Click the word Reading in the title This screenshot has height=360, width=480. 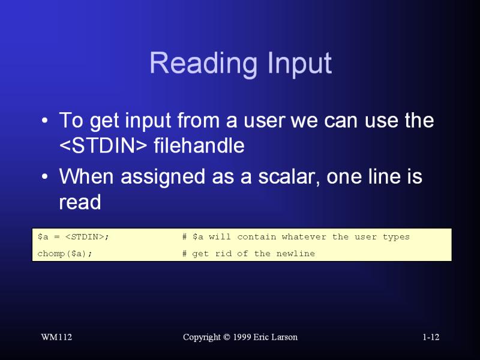coord(203,64)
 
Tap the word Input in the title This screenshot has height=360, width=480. coord(299,64)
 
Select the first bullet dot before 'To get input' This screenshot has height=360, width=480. coord(44,121)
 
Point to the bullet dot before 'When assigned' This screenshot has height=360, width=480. coord(44,177)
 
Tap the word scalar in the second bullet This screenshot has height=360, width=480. coord(289,177)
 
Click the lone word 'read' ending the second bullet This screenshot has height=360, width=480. coord(80,202)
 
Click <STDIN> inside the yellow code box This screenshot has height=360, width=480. coord(85,237)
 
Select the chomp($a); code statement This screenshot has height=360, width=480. coord(65,254)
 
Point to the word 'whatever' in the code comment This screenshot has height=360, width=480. coord(304,236)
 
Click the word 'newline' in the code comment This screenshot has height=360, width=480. coord(295,253)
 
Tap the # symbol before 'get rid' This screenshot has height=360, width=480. coord(184,253)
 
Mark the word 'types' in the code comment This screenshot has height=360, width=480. coord(396,237)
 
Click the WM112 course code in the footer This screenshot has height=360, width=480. coord(56,337)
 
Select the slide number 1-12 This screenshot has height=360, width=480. coord(431,337)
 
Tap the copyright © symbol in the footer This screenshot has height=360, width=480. coord(227,337)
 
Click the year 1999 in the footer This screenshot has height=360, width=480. coord(242,337)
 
